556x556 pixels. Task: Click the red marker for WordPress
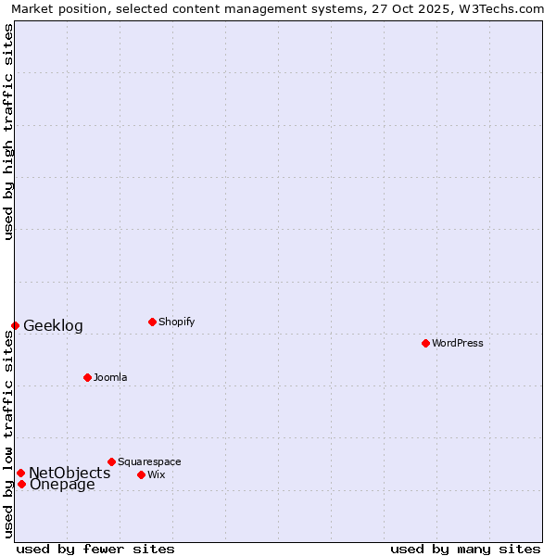(425, 343)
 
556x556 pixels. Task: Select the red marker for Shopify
(152, 322)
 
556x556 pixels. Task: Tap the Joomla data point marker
(87, 377)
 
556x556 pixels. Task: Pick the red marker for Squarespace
(111, 461)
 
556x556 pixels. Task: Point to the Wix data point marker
(141, 474)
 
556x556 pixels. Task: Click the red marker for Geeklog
(15, 325)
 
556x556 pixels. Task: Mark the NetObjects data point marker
(20, 473)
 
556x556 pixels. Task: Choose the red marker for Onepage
(21, 484)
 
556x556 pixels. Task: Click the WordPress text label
(458, 343)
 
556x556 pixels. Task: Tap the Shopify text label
(176, 322)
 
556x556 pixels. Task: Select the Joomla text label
(110, 377)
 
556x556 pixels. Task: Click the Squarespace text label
(149, 461)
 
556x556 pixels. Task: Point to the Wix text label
(157, 474)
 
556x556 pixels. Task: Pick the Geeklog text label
(53, 325)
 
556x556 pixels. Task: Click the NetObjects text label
(69, 473)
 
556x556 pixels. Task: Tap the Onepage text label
(62, 484)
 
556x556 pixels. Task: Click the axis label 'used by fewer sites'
(95, 549)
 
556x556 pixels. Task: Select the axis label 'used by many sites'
(465, 549)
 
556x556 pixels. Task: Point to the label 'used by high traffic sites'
(8, 132)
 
